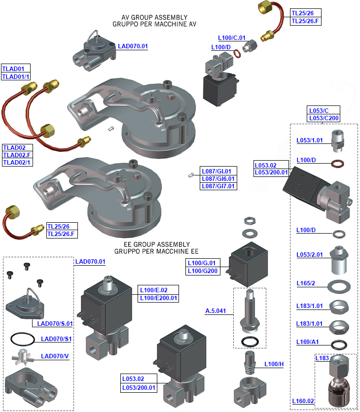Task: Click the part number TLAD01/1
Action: tap(16, 76)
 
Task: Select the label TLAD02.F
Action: tap(17, 155)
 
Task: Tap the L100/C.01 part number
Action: tap(232, 37)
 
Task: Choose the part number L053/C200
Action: tap(324, 118)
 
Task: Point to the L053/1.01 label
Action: tap(310, 140)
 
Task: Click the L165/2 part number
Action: tap(306, 283)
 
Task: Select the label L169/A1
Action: tap(308, 342)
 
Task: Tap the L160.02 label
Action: tap(303, 401)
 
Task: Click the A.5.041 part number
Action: tap(216, 311)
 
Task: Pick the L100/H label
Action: tap(274, 364)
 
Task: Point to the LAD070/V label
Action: tap(55, 356)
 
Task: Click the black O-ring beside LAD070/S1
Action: tap(22, 339)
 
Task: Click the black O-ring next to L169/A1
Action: tap(339, 343)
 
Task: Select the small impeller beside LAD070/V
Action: tap(22, 357)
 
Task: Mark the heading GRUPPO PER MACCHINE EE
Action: tap(156, 251)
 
